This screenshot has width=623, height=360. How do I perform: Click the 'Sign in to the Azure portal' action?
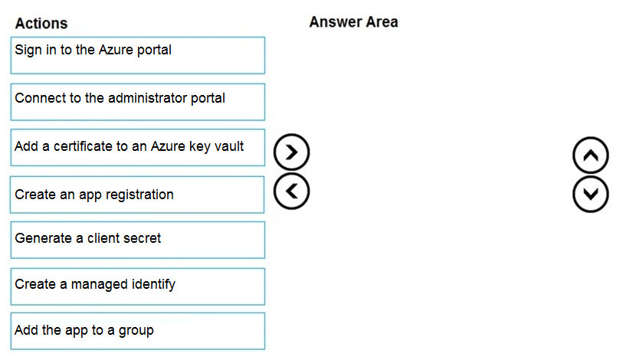click(x=138, y=55)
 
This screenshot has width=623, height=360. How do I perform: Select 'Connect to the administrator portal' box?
click(x=138, y=102)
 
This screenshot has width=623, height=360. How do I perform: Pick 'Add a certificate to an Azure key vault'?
click(x=138, y=147)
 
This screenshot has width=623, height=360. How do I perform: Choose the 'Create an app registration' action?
click(x=137, y=195)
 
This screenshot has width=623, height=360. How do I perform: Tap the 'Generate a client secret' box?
click(x=138, y=240)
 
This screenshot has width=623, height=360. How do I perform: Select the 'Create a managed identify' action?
click(x=138, y=286)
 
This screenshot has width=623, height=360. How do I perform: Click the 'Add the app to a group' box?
click(x=138, y=331)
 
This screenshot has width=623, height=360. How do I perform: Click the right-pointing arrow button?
click(x=292, y=152)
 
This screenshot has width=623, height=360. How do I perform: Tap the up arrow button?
click(x=591, y=155)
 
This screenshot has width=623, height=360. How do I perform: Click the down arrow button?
click(x=591, y=195)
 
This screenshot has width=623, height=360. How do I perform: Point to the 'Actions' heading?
click(x=41, y=24)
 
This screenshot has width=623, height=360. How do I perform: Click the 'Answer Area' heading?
click(x=353, y=22)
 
